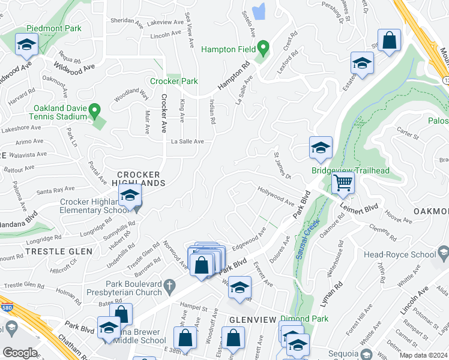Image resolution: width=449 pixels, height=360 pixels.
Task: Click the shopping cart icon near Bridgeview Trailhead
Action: tap(343, 182)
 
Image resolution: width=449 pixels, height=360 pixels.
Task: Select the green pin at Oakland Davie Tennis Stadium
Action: tap(95, 110)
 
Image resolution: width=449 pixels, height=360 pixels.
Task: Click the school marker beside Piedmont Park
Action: tap(26, 45)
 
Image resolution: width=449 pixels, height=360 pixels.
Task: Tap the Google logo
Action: tap(20, 353)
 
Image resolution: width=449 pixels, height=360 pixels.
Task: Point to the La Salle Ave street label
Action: tap(187, 142)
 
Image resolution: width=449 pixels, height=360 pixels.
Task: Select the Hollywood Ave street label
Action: tap(276, 196)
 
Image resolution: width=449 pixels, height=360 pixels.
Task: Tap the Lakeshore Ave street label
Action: tap(20, 127)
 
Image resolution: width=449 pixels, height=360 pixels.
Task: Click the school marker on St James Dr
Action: tap(321, 148)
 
